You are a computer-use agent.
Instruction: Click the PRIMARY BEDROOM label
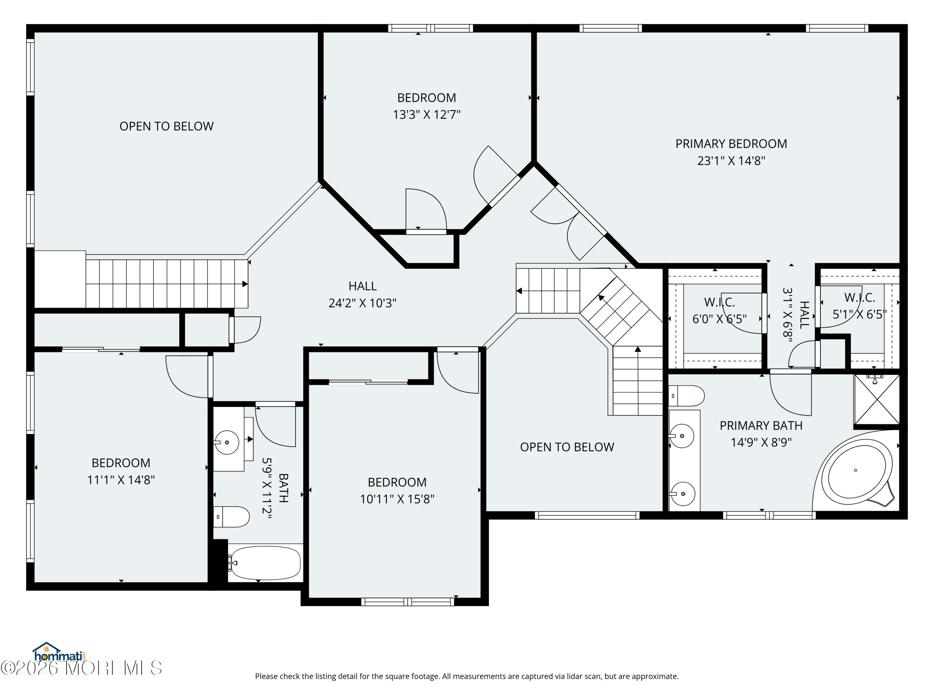tap(731, 144)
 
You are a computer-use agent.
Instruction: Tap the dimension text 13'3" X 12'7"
tap(427, 115)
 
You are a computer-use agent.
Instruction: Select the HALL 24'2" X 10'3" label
tap(362, 295)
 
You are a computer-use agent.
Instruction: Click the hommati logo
tap(59, 653)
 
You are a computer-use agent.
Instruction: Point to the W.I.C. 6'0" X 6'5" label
tap(719, 310)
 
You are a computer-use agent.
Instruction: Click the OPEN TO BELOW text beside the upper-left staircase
tap(166, 126)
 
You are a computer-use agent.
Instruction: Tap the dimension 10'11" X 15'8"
tap(397, 499)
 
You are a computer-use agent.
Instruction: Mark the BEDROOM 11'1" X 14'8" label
tap(121, 471)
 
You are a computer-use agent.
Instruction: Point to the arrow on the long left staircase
tap(245, 284)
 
